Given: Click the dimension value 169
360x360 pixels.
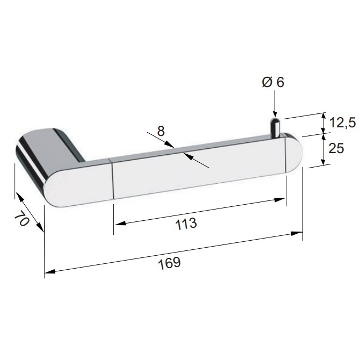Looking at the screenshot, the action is (169, 263).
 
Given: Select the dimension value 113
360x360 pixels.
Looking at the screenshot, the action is (186, 224).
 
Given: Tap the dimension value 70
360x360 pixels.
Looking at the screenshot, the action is (22, 219).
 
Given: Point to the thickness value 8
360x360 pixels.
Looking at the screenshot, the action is (161, 131).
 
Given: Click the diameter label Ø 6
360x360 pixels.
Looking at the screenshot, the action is (273, 82).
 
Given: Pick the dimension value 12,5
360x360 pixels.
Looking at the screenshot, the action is (343, 123).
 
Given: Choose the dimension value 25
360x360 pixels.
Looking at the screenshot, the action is (336, 148).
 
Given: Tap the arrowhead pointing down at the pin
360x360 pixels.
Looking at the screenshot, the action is (275, 114).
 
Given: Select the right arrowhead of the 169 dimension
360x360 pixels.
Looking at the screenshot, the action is (297, 234).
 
